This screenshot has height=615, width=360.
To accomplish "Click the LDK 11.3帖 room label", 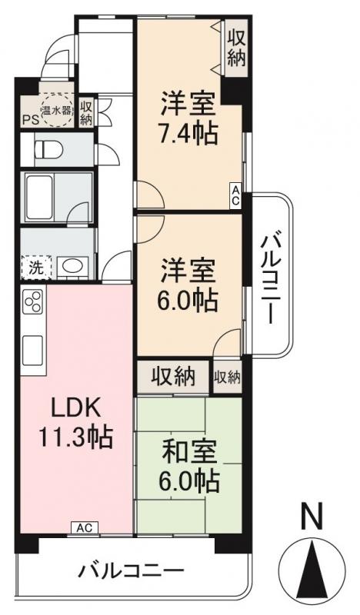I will pos(75,424).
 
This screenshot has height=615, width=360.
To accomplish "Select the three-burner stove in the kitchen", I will pos(34,303).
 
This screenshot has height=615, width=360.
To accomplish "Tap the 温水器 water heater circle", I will pos(56,110).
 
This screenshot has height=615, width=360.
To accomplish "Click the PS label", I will pos(30,120).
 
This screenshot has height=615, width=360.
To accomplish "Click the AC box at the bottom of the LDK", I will pos(85,527).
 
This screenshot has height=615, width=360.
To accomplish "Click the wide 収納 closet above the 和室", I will pos(172,377).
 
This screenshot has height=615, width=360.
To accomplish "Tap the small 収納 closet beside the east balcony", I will pos(227,377).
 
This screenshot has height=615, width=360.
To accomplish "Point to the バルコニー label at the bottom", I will pos(132,572).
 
